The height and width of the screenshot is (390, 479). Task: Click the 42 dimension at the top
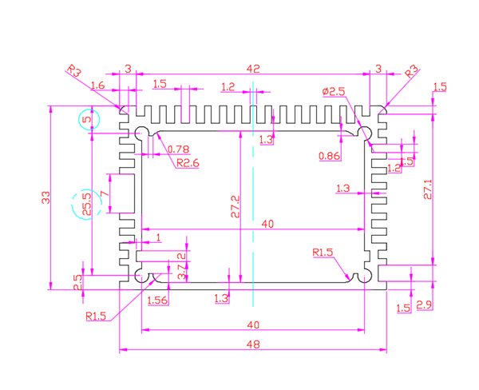pos(254,70)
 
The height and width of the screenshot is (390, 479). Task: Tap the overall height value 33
pos(46,197)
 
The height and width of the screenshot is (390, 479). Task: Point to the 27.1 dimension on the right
pos(428,189)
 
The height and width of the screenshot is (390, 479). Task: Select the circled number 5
pos(89,120)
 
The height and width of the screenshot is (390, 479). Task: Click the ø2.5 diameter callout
pos(334,92)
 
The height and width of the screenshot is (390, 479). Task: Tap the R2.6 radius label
pos(187,163)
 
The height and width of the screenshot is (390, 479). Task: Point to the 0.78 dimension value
pos(179,149)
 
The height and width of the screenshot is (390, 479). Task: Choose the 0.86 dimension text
pos(329,155)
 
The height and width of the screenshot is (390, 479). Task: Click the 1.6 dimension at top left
pos(98,85)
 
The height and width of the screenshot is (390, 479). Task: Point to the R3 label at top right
pos(412,70)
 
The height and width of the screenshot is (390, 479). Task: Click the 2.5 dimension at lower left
pos(78,282)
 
